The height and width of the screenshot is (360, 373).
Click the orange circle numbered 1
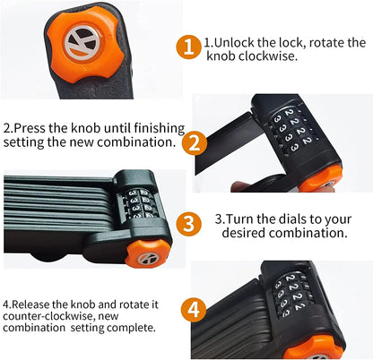[188, 47]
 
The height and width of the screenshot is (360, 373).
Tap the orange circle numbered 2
[195, 143]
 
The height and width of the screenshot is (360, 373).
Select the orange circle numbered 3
[188, 224]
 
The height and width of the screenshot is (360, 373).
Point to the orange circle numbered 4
[194, 310]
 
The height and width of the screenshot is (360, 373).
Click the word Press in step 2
[30, 128]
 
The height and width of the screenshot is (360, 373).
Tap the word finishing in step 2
[160, 129]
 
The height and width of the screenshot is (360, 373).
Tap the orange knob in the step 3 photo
[147, 253]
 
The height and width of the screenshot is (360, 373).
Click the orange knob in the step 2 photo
[320, 179]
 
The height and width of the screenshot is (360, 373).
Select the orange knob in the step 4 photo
[315, 347]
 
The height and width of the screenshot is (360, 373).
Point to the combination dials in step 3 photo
[140, 203]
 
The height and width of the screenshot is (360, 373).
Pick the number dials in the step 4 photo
[291, 293]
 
